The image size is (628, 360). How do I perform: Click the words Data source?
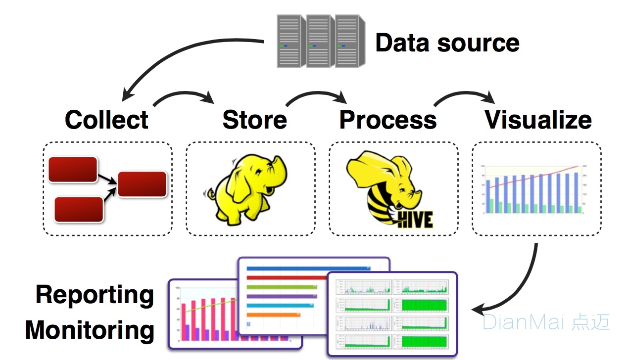point(447,43)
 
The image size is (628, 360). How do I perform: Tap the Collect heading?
point(106,120)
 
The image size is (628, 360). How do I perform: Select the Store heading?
point(254,120)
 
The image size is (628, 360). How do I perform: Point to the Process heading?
point(388,120)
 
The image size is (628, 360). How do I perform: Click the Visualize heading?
point(538,120)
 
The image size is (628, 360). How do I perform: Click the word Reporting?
point(95,295)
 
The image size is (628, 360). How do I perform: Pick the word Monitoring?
point(90,330)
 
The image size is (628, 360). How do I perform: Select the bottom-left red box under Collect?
point(79,209)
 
